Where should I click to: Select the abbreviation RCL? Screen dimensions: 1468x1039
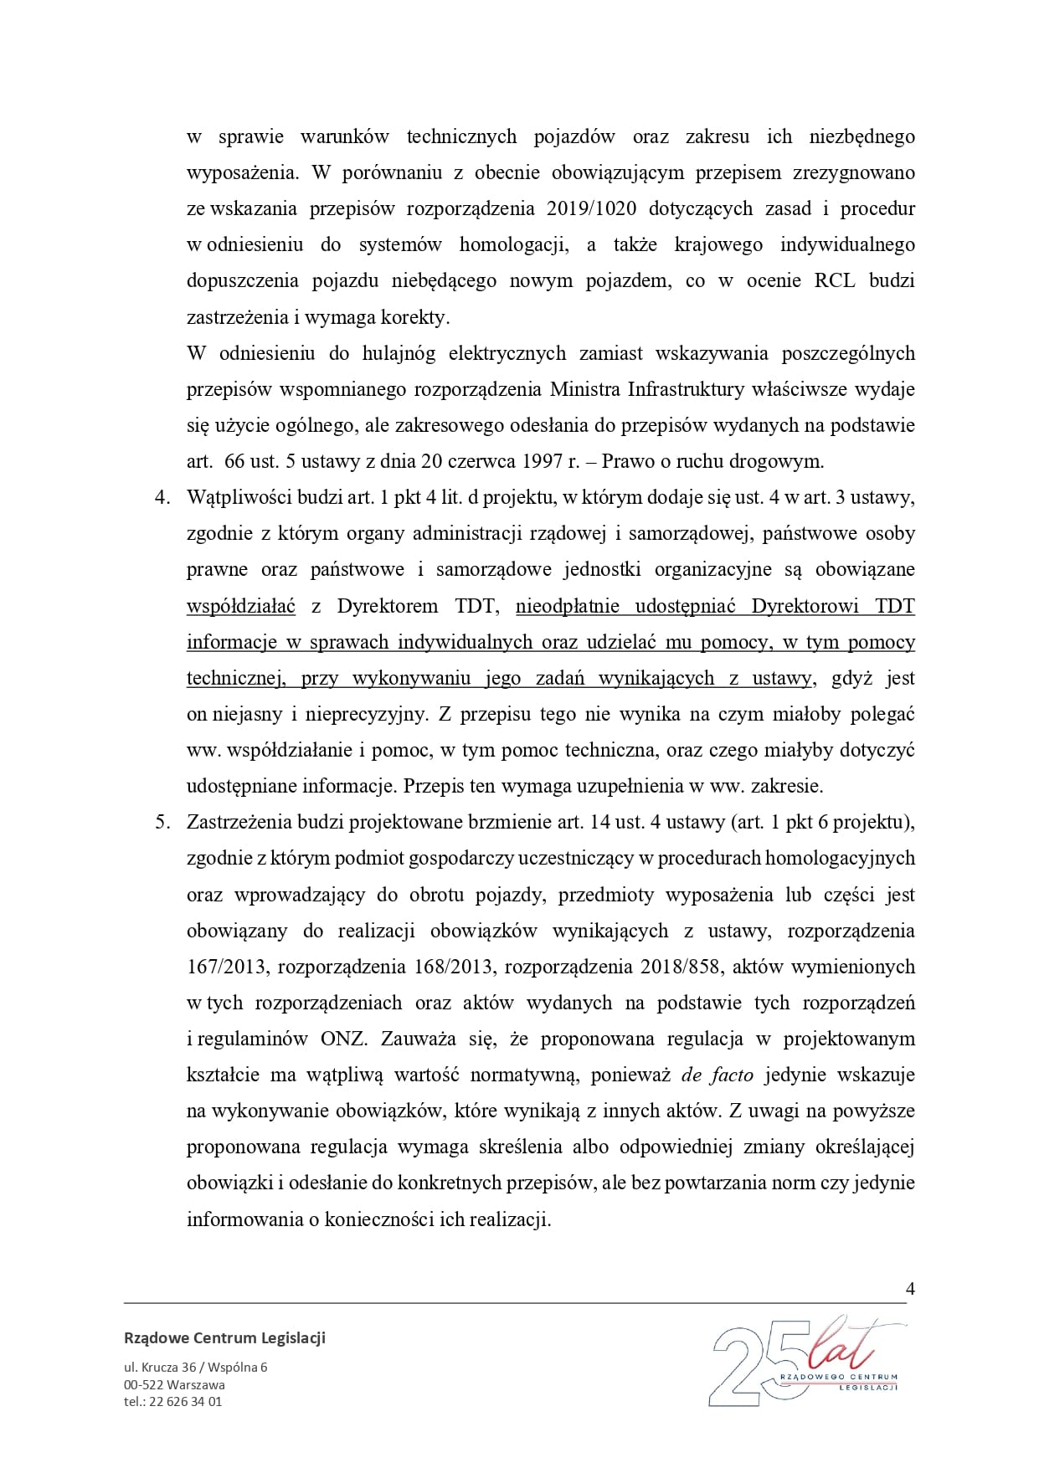pos(834,280)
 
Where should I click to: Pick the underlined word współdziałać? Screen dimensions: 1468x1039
pos(241,606)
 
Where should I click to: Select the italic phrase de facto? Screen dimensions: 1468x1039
pos(718,1075)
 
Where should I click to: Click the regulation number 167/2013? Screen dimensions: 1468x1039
pos(226,967)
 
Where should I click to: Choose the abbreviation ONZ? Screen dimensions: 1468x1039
pos(343,1039)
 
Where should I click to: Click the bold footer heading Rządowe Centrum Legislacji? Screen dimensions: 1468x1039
pos(224,1337)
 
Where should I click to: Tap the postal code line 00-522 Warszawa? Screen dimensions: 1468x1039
pos(174,1384)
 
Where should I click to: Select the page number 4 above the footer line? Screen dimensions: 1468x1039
pos(910,1288)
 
